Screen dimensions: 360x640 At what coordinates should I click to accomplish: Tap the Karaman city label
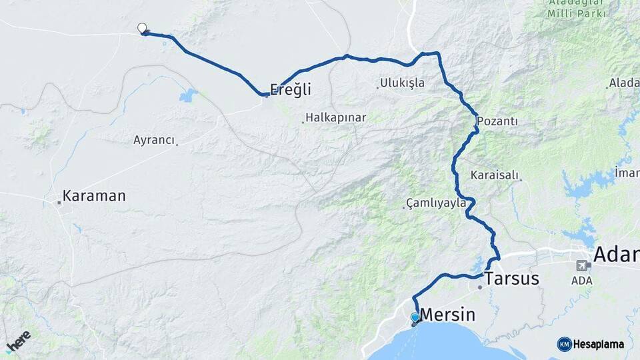click(94, 197)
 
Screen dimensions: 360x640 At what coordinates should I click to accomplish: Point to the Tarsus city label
click(512, 279)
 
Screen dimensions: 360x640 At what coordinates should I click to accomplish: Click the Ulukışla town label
click(402, 83)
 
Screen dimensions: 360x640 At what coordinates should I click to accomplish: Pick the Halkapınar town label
click(336, 118)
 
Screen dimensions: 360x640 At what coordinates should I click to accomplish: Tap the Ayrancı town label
click(154, 140)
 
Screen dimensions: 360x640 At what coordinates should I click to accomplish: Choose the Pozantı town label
click(497, 123)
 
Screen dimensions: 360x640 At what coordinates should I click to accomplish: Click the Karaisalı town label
click(495, 175)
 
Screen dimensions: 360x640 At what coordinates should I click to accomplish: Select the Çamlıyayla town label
click(436, 203)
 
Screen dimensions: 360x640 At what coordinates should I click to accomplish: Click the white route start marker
click(142, 28)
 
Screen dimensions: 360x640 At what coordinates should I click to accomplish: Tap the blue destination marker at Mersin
click(415, 318)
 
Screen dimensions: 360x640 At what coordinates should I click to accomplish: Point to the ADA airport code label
click(581, 280)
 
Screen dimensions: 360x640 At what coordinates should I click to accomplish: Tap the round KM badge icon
click(565, 344)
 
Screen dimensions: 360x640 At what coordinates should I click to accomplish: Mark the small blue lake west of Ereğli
click(189, 95)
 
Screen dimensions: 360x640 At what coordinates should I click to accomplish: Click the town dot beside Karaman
click(59, 202)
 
